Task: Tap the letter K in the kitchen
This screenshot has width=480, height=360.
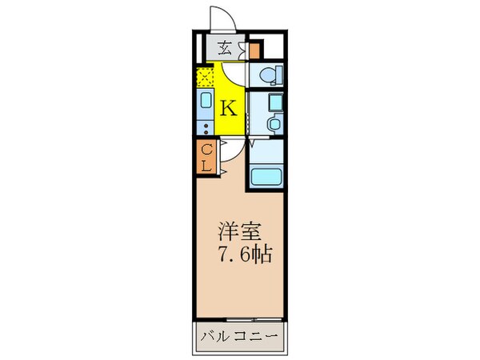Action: [227, 107]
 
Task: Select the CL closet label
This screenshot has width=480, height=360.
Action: [206, 158]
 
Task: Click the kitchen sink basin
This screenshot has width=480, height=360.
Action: [206, 105]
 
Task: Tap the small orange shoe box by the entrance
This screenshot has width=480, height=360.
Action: [254, 50]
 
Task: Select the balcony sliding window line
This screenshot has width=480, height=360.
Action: [238, 320]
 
